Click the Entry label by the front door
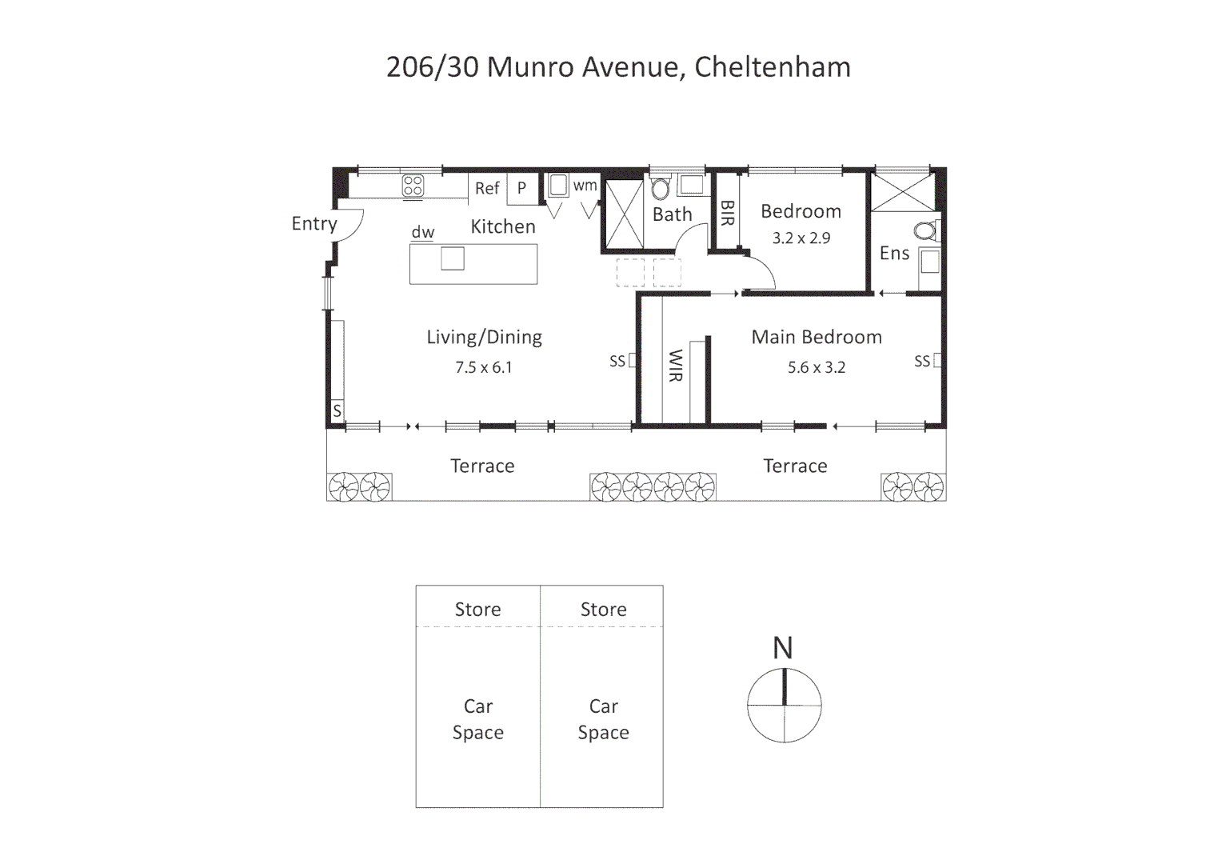point(313,224)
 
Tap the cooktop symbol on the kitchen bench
point(413,186)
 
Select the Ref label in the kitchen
point(486,189)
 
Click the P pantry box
point(521,189)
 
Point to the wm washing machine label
point(585,186)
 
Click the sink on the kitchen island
point(452,258)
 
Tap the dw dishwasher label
point(422,233)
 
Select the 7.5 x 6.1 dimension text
point(483,368)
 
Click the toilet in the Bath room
point(660,190)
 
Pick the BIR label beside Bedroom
point(727,213)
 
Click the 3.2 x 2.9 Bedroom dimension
point(801,238)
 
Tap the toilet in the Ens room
point(926,232)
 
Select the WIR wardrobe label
point(675,365)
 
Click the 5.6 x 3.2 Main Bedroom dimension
point(816,368)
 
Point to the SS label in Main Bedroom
point(922,362)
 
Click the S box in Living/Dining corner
point(337,411)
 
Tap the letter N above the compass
point(782,648)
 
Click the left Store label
point(477,610)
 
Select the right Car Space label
point(603,719)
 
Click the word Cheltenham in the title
point(772,67)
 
